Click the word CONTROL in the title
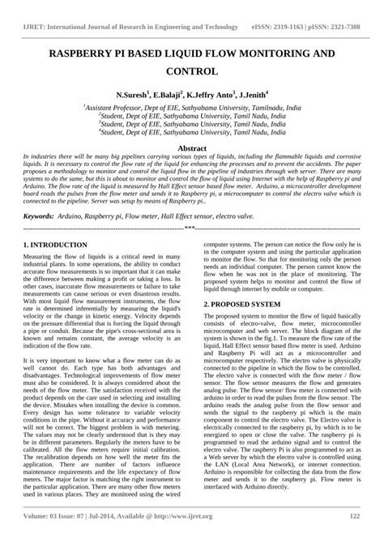(192, 71)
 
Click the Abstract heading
(192, 127)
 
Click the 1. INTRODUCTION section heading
(56, 244)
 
